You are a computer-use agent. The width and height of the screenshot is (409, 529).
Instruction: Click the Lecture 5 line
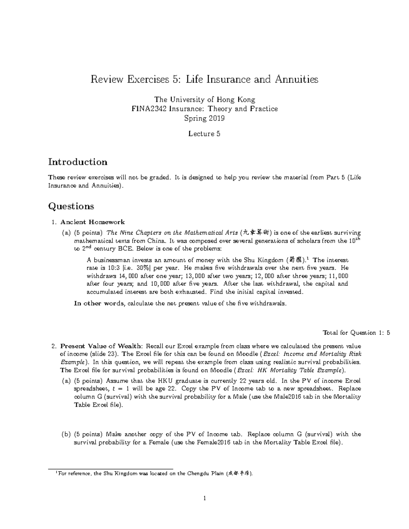tap(204, 134)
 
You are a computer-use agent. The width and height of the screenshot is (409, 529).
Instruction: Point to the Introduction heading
tap(78, 162)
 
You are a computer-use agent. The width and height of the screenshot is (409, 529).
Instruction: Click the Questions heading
tap(71, 206)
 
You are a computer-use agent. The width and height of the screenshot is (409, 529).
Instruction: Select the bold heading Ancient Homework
tap(93, 222)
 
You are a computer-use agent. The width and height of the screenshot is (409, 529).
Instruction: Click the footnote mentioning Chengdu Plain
tap(153, 473)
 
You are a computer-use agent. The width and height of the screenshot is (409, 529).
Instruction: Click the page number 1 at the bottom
tap(204, 498)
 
